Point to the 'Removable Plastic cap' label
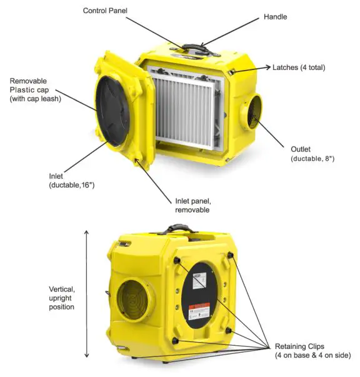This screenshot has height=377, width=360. pyautogui.click(x=35, y=89)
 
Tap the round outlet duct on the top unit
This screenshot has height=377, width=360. pyautogui.click(x=251, y=113)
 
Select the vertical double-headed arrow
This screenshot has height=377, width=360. pyautogui.click(x=86, y=293)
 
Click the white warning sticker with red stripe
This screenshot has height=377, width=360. pyautogui.click(x=202, y=310)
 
